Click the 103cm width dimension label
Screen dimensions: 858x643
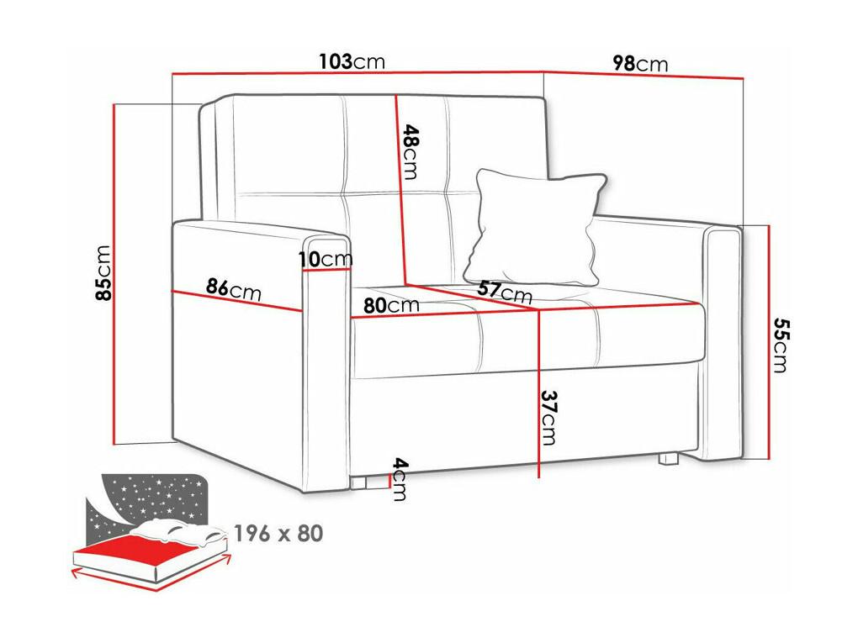(352, 62)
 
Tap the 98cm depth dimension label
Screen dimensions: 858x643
(640, 63)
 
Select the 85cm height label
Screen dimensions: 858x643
(103, 273)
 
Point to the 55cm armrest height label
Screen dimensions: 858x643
(781, 345)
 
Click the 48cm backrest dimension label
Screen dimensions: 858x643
(410, 152)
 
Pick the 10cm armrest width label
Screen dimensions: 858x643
(326, 259)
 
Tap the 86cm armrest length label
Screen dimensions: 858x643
(234, 289)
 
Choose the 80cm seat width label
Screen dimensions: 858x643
(391, 304)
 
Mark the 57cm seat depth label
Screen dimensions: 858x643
(505, 293)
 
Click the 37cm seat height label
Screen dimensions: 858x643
(548, 417)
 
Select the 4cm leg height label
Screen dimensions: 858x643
(400, 479)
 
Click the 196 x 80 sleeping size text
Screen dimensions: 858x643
(278, 533)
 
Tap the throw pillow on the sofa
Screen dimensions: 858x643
(537, 227)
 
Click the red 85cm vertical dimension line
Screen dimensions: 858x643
(115, 275)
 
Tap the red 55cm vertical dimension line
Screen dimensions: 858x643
(770, 342)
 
